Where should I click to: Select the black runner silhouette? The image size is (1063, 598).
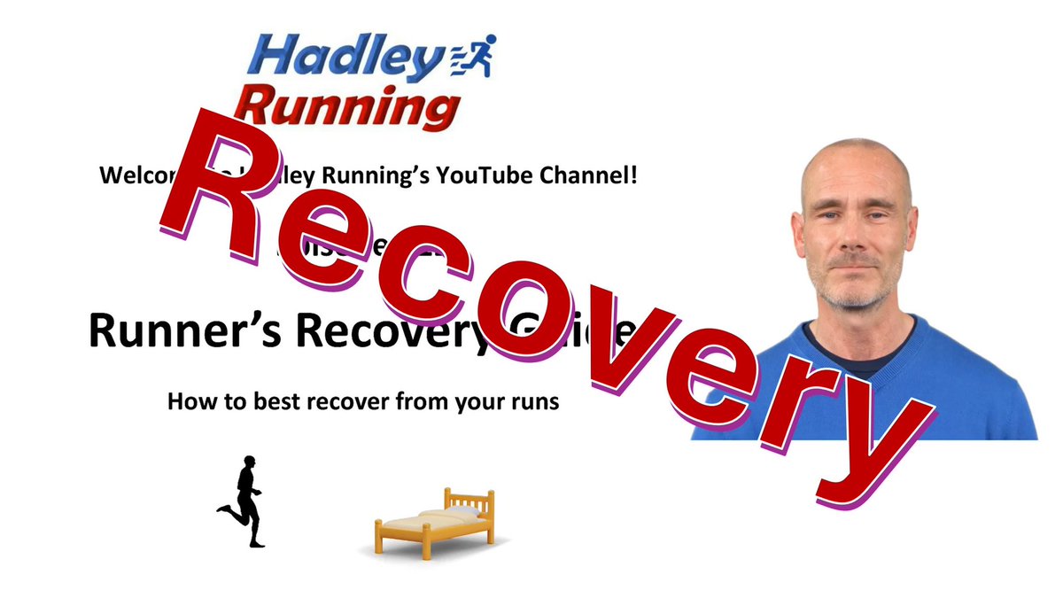pos(244,501)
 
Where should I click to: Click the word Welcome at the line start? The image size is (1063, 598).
pos(133,175)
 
